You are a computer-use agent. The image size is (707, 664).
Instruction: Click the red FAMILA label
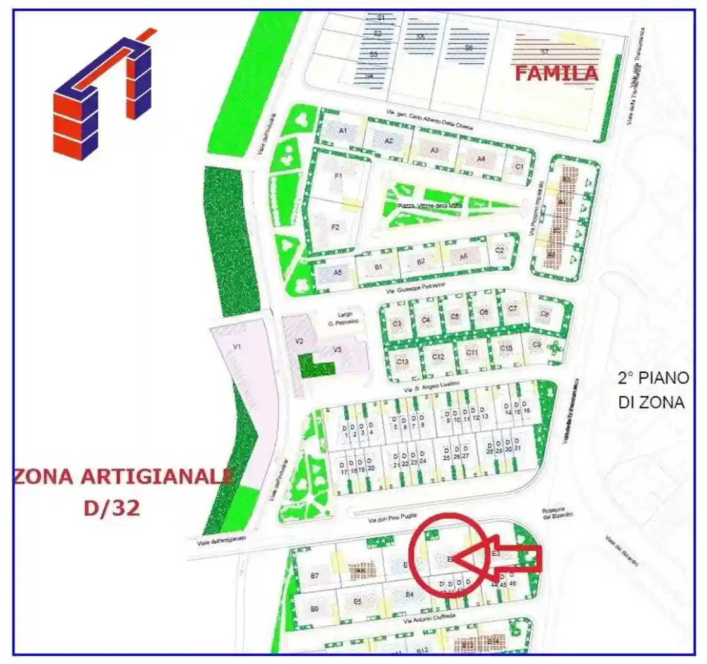556,73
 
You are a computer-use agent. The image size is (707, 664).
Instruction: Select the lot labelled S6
468,48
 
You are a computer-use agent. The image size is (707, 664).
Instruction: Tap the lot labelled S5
420,37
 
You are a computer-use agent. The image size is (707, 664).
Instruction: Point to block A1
343,131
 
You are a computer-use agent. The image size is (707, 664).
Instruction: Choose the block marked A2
389,140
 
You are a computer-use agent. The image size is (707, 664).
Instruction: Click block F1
338,176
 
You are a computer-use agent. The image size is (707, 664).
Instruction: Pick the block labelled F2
335,226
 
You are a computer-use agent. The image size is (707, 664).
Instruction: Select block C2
500,250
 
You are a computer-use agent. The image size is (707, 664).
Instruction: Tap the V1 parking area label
238,347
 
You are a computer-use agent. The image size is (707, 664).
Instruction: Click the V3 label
337,349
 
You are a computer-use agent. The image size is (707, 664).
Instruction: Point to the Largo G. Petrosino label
339,319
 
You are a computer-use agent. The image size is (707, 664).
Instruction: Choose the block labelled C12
438,357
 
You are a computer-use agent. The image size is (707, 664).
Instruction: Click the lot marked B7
315,575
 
